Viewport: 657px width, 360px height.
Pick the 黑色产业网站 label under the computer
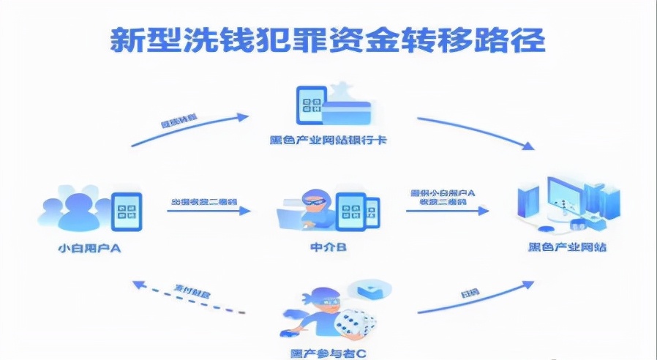567,247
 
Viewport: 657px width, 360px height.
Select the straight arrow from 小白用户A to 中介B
208,211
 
